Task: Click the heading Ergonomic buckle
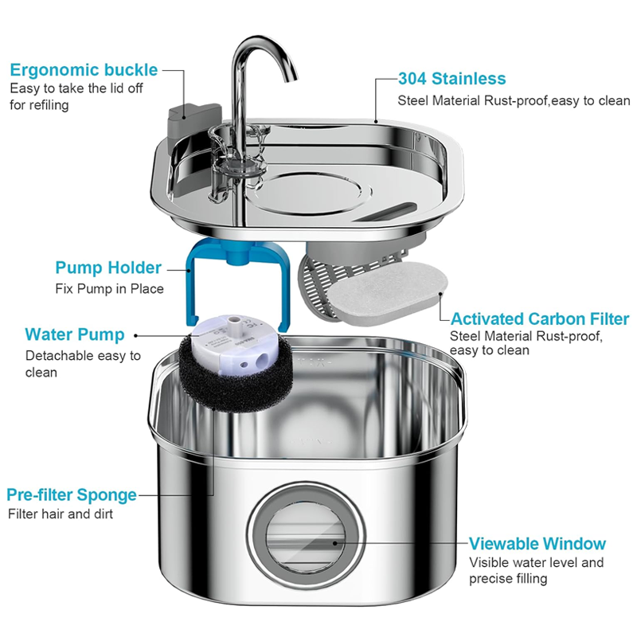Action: coord(84,69)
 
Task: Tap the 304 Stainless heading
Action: coord(451,79)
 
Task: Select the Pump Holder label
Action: coord(108,268)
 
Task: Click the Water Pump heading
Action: coord(75,334)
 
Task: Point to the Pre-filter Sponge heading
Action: coord(72,494)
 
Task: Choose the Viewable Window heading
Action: coord(537,544)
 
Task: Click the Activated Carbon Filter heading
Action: coord(540,319)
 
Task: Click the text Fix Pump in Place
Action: coord(109,288)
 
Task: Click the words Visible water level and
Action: coord(536,563)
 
